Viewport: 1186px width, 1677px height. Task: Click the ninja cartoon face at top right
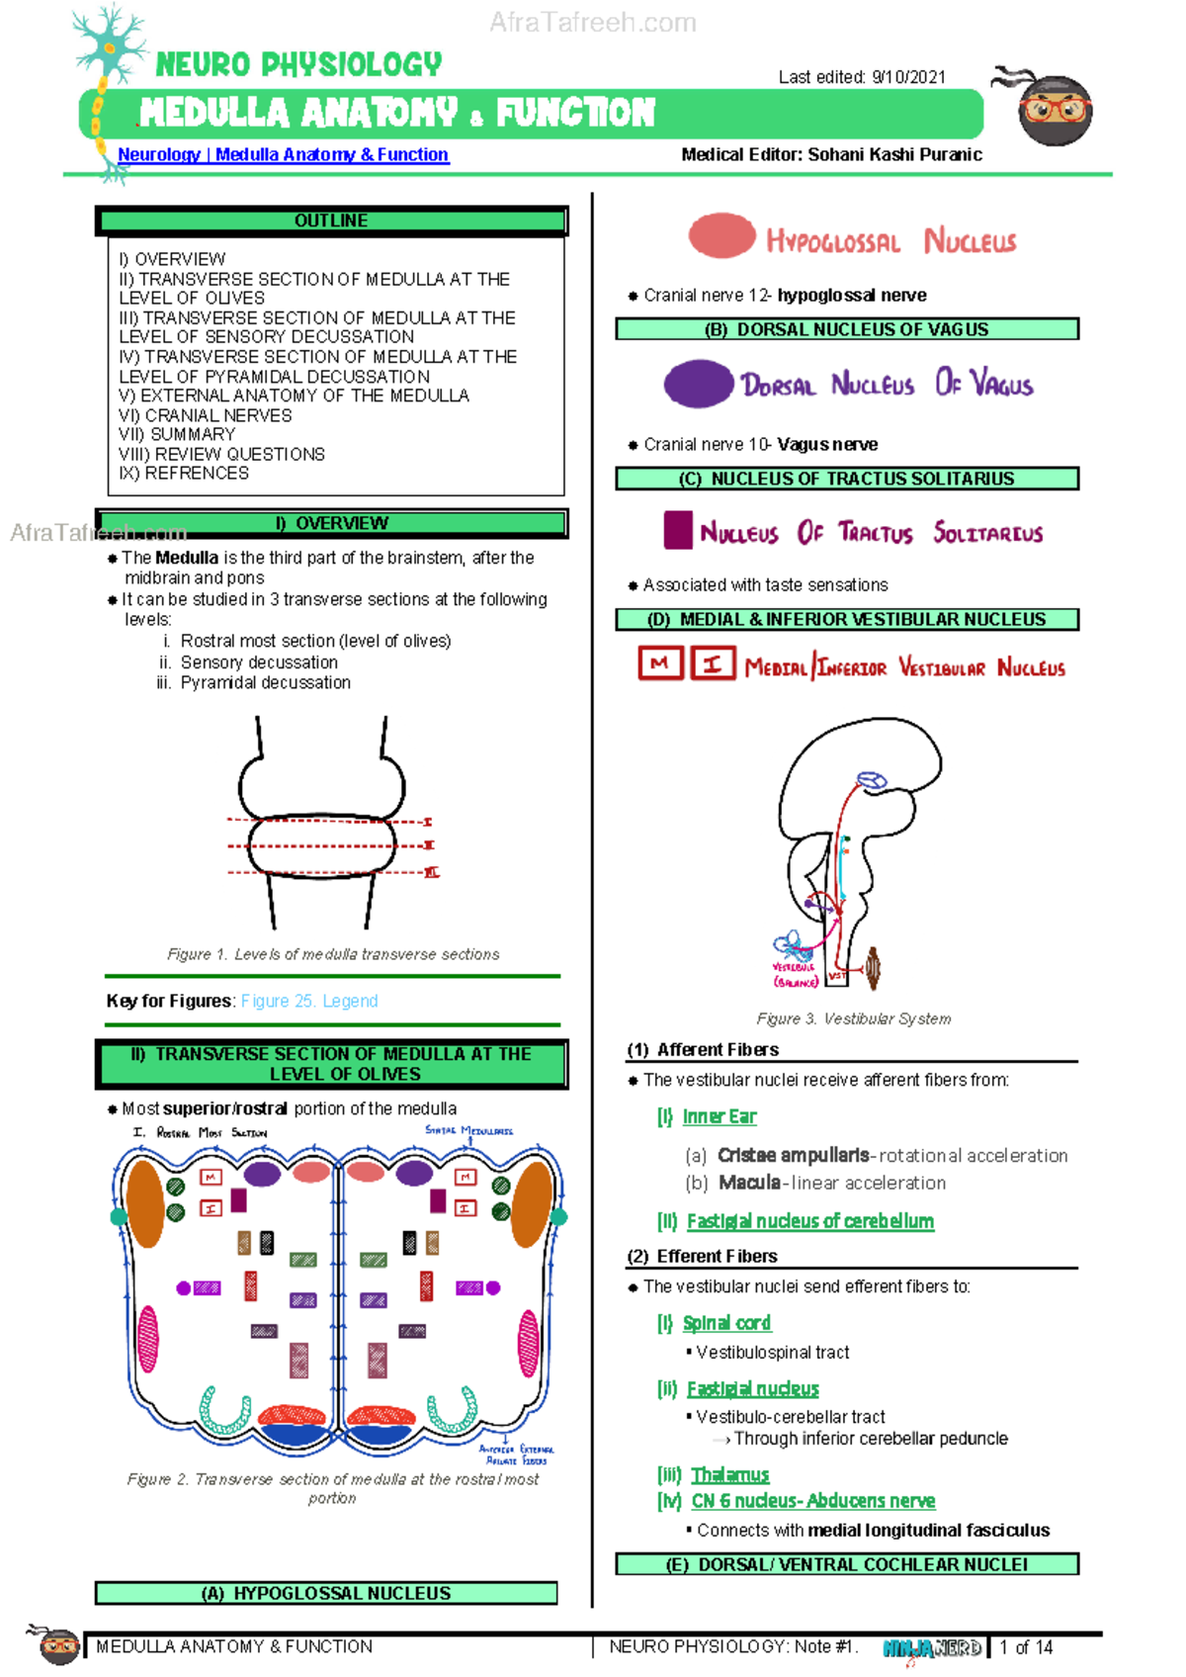(x=1055, y=109)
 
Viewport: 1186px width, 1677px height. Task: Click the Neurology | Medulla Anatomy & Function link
(x=283, y=154)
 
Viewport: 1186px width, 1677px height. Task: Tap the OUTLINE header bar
(x=331, y=221)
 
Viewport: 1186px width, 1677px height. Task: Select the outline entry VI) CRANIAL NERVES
(x=206, y=415)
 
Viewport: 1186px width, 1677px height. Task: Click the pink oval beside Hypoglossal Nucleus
(x=722, y=236)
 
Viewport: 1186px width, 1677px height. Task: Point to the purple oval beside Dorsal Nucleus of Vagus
(x=698, y=384)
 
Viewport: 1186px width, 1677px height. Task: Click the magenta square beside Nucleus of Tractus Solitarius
(x=678, y=530)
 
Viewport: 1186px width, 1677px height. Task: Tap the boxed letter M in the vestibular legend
(x=660, y=663)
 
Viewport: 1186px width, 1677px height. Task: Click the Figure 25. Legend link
(x=309, y=1001)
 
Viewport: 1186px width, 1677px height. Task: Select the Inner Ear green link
(x=719, y=1116)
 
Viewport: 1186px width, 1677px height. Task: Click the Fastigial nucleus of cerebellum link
(x=809, y=1221)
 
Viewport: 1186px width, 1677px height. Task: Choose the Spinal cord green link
(x=726, y=1323)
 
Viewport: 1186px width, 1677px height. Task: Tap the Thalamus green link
(x=729, y=1474)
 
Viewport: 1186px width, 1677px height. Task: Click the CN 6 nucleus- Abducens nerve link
(x=812, y=1501)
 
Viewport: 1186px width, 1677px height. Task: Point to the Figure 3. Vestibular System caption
(x=853, y=1018)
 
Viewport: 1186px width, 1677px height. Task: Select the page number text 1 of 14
(x=1026, y=1647)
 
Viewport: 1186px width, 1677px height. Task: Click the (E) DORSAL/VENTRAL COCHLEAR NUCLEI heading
(x=847, y=1564)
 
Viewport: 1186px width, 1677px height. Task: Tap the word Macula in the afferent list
(x=749, y=1183)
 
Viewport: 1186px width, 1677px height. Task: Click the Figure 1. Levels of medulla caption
(x=333, y=954)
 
